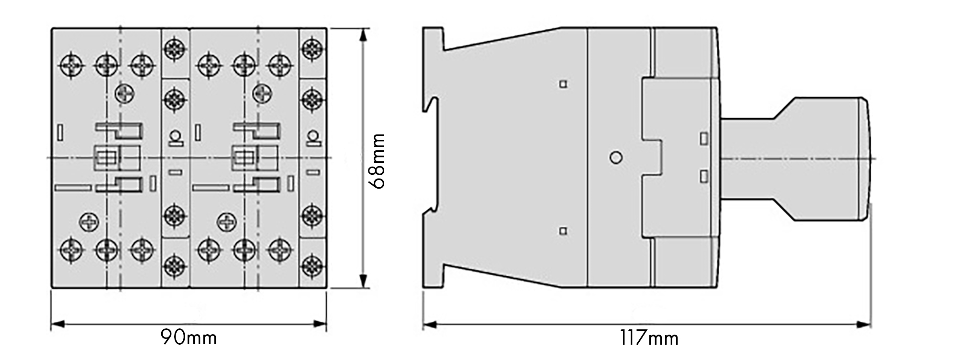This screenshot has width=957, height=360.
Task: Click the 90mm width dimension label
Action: point(189,338)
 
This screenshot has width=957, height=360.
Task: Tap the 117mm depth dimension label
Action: point(649,338)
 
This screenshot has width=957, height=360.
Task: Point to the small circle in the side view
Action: point(616,157)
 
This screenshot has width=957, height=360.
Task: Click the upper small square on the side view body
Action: point(563,84)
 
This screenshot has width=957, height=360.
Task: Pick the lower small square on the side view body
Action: point(563,231)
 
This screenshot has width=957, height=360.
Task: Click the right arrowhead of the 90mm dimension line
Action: point(320,325)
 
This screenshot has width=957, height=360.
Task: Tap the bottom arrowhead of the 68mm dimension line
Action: point(364,281)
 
